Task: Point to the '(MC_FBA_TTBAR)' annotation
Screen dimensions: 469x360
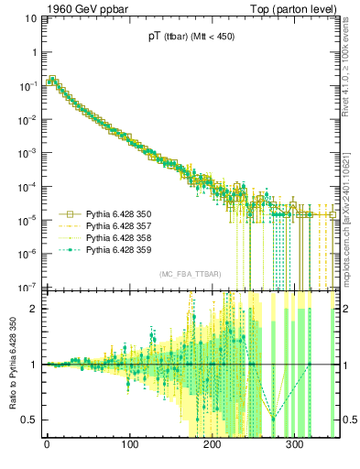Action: point(190,274)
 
